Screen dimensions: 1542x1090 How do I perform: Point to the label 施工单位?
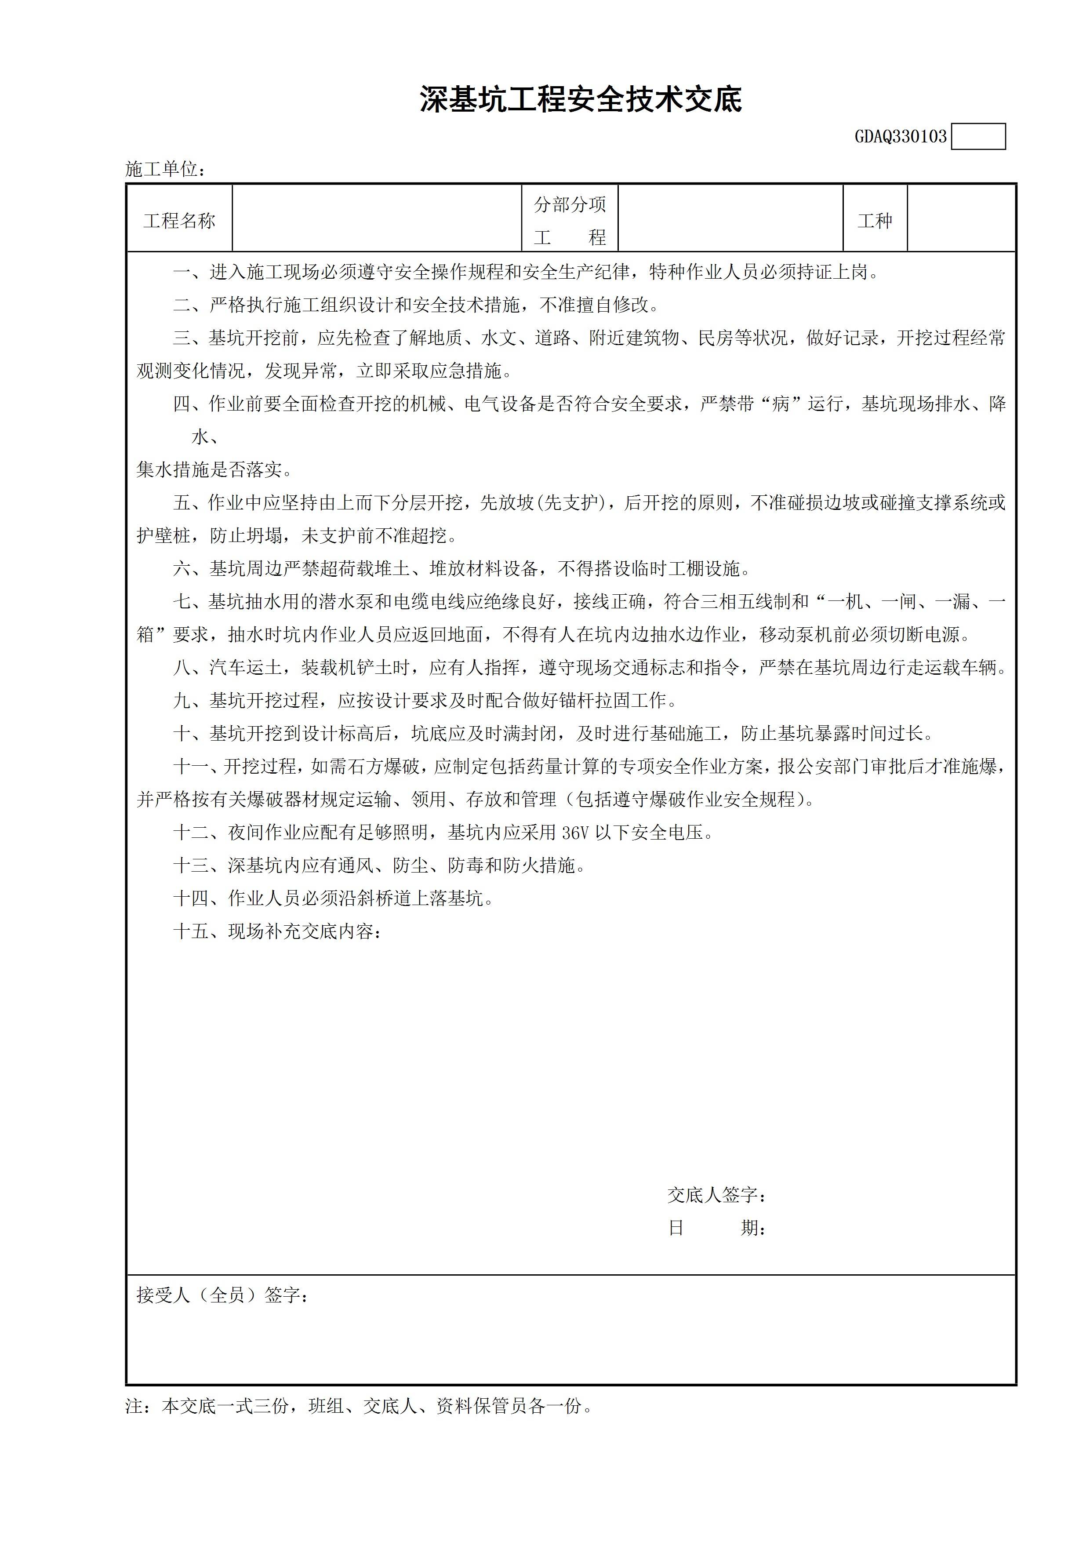point(164,169)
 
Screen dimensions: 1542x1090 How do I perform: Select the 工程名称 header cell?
point(179,220)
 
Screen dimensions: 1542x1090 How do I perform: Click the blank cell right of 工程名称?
point(377,219)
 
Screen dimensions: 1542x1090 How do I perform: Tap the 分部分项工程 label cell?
point(570,220)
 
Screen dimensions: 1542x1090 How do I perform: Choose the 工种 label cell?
point(875,220)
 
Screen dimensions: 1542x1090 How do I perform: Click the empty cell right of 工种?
point(960,219)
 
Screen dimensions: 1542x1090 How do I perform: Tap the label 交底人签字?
point(716,1195)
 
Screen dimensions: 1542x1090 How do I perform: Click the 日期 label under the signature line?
point(716,1228)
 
